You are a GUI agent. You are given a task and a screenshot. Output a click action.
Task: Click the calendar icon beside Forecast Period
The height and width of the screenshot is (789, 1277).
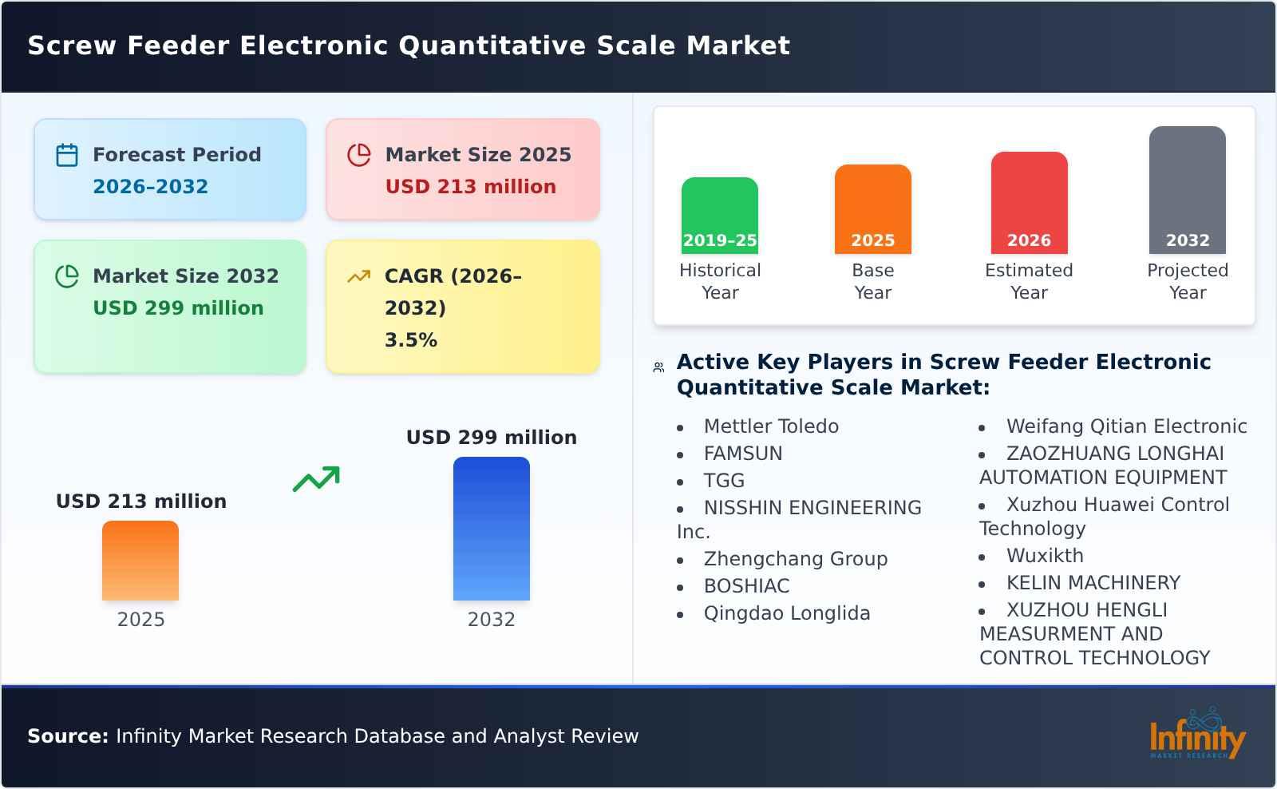pos(67,155)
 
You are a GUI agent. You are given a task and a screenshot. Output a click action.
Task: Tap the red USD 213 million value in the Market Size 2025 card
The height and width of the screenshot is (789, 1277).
pos(470,187)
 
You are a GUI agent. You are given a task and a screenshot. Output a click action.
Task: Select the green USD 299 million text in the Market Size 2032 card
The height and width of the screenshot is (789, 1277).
pos(178,308)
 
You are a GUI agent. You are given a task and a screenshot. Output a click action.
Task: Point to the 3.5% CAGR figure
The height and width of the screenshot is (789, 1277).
pos(410,340)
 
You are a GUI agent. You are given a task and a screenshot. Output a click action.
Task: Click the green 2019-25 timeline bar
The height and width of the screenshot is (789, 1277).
pos(719,216)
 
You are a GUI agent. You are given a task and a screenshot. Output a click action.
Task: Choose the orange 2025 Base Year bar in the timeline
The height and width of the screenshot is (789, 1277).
pos(872,209)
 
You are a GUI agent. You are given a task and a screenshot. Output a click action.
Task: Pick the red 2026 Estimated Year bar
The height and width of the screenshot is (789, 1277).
pos(1029,203)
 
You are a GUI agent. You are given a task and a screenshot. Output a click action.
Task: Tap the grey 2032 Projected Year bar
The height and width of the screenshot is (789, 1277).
pos(1187,190)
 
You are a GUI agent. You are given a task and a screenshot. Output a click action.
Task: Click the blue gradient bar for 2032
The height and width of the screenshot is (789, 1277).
pos(491,529)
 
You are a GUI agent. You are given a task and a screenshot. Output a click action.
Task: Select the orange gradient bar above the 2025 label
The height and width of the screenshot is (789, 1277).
pos(140,561)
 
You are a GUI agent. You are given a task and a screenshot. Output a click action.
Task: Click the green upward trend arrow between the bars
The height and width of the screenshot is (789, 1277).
pos(316,479)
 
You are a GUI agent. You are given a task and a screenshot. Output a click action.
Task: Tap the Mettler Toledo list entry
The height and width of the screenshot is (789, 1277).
pos(770,426)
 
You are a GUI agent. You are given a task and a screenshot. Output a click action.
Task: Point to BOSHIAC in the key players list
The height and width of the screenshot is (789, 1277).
pos(746,586)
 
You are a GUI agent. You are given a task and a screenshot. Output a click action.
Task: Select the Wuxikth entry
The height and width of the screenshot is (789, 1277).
pos(1044,556)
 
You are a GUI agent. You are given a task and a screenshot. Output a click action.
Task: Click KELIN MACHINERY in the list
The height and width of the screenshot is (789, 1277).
pos(1093,583)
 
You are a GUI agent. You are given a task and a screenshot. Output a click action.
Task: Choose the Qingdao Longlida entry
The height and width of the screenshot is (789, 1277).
pos(786,613)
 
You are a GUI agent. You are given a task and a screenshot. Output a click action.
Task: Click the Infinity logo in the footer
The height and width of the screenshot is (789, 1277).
pos(1196,735)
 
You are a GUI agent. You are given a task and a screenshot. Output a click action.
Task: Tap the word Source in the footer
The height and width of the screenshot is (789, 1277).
pos(67,736)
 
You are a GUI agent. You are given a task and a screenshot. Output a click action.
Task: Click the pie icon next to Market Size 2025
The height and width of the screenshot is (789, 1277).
pos(359,155)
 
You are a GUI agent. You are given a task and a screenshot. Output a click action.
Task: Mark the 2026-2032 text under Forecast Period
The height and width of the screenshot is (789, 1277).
pos(150,187)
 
